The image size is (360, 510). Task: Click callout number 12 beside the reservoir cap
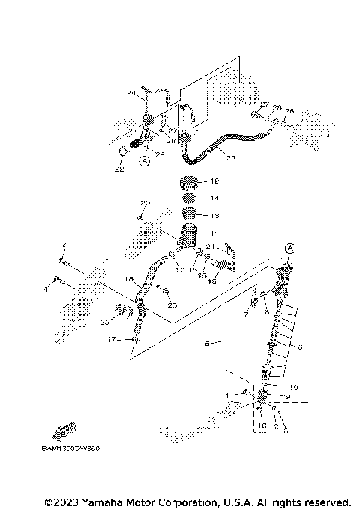(214, 181)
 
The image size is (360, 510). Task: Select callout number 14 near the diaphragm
(214, 199)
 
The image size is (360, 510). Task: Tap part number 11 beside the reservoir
(214, 233)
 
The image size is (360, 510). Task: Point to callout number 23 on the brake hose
(230, 158)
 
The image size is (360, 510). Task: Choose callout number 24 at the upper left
(130, 94)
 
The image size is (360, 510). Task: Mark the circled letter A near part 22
(145, 160)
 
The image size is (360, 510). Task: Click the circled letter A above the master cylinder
(290, 248)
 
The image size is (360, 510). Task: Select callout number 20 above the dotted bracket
(145, 203)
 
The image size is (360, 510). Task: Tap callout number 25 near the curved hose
(173, 305)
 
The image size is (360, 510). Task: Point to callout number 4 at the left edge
(45, 287)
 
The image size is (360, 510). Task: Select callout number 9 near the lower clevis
(287, 396)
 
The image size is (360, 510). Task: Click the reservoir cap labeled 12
(189, 182)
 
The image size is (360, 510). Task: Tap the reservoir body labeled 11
(189, 234)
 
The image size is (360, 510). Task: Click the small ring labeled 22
(120, 154)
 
